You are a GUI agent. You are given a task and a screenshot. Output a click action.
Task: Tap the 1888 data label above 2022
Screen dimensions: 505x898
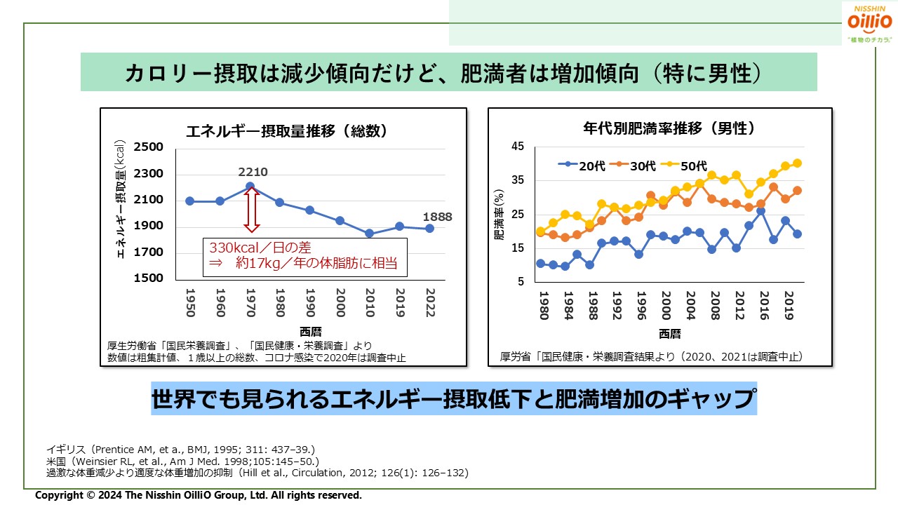point(437,217)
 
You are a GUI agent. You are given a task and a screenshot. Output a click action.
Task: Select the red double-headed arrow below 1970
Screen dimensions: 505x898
point(251,210)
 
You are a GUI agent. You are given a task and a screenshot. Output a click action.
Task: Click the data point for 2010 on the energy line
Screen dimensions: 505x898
point(370,234)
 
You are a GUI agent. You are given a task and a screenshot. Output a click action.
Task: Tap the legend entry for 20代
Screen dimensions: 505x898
point(582,166)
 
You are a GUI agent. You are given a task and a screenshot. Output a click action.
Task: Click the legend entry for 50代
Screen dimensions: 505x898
point(684,166)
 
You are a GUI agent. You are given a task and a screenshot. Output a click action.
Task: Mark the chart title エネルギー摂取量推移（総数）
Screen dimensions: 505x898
point(286,131)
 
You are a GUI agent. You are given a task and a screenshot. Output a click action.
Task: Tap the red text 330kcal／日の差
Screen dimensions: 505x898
point(260,248)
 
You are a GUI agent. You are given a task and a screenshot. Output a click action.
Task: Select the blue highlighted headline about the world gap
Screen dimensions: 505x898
point(454,399)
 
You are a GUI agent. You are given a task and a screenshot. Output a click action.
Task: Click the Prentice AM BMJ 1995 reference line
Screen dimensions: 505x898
point(180,449)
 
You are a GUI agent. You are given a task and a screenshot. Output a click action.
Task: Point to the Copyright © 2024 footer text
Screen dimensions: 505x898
point(199,495)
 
